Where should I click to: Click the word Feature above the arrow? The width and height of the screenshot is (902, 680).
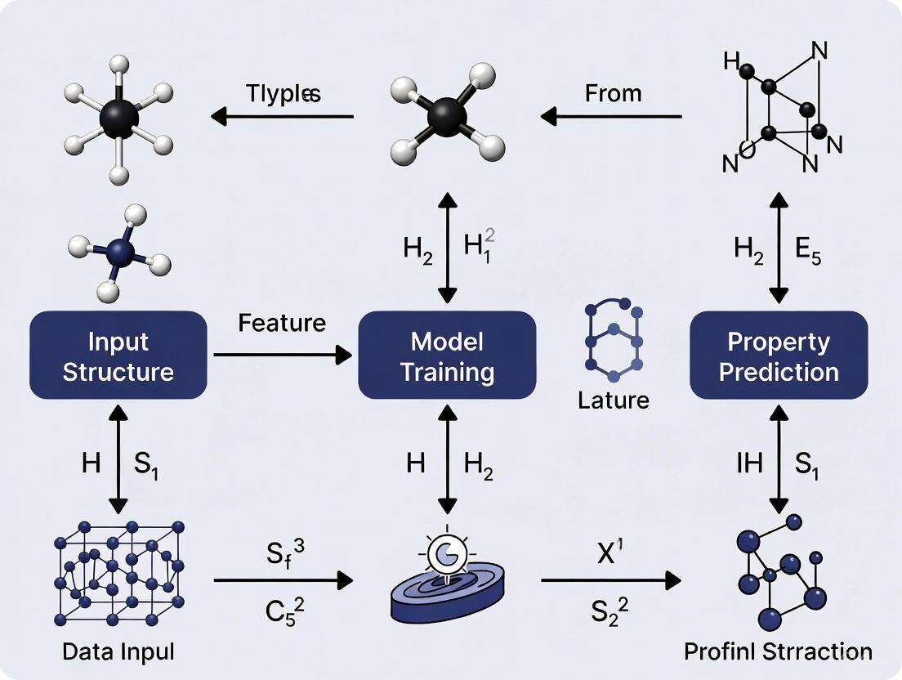[282, 323]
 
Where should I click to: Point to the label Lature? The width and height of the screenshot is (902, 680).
[613, 400]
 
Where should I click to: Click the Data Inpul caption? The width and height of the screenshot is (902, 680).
[119, 652]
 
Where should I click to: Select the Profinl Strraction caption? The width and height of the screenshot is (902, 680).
[778, 652]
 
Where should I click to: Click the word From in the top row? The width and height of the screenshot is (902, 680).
[613, 93]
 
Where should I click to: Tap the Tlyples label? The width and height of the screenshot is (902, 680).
[283, 93]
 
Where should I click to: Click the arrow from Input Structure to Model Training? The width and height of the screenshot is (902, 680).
[282, 355]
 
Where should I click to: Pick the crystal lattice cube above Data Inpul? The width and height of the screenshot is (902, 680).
[119, 571]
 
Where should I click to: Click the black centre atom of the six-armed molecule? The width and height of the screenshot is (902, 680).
[119, 119]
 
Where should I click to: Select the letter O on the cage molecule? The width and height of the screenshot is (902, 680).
[746, 149]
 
